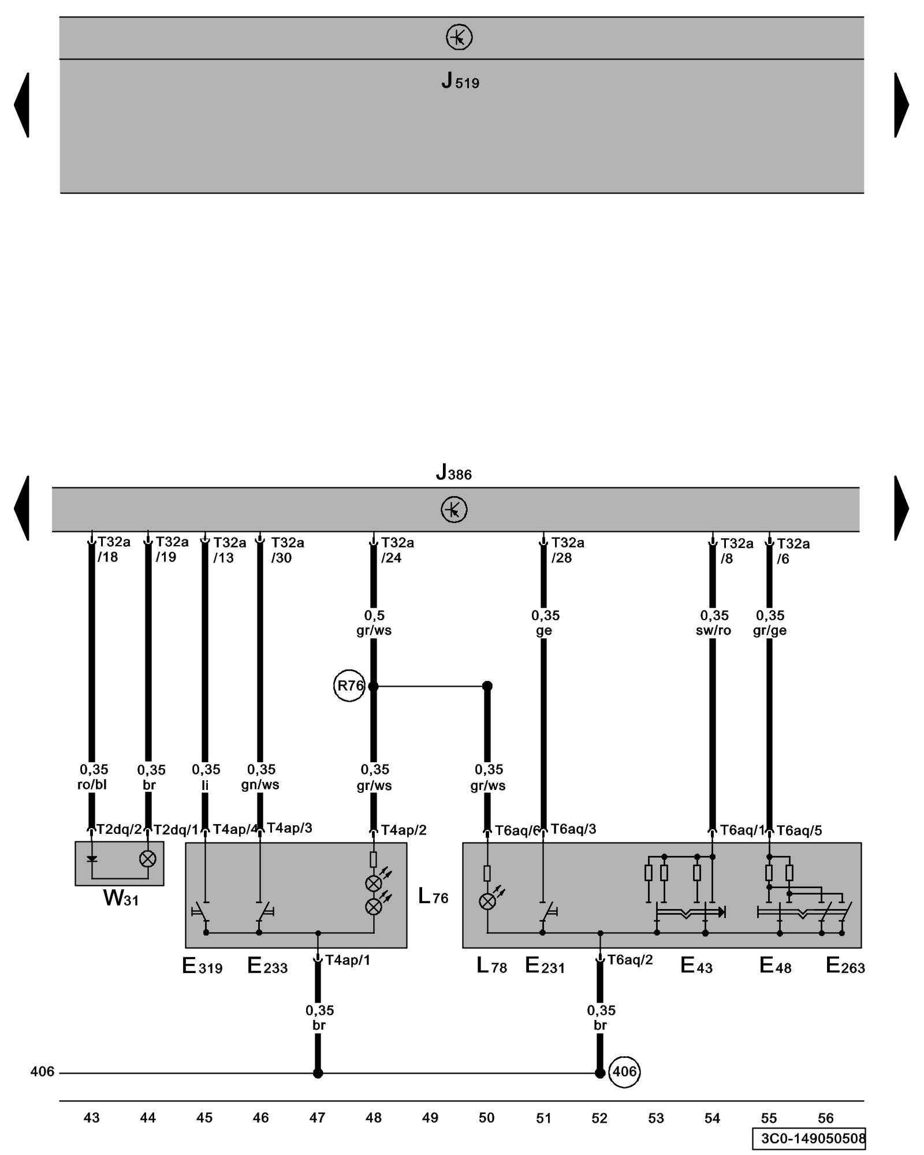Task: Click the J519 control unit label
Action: (460, 81)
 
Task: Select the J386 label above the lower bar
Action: (453, 473)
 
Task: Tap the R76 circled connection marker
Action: (349, 686)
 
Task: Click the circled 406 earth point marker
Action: (624, 1072)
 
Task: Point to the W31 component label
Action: (121, 898)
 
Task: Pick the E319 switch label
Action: (202, 966)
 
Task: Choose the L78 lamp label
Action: (491, 966)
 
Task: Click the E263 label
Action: (845, 966)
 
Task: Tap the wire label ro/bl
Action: (92, 785)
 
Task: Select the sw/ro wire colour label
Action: (713, 631)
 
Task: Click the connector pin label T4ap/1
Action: (347, 960)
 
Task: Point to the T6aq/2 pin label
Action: (629, 960)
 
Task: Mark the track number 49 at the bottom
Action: (430, 1118)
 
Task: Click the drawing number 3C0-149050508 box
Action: (809, 1138)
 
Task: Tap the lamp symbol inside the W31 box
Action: (148, 859)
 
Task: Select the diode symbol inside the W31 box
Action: (92, 859)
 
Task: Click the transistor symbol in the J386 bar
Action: (454, 510)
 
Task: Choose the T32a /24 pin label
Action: (397, 550)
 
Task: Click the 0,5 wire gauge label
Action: (374, 616)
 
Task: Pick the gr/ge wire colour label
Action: (770, 631)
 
